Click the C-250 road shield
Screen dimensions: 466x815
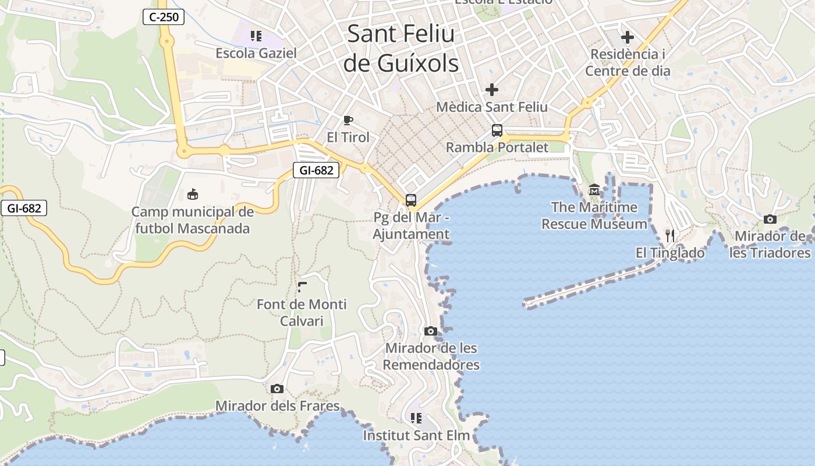[x=164, y=17]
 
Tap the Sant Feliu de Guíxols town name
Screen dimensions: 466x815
[x=401, y=48]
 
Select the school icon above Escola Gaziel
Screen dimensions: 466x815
[x=256, y=36]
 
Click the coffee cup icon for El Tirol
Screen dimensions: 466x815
[x=348, y=121]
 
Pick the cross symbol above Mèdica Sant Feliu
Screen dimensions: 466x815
[x=492, y=90]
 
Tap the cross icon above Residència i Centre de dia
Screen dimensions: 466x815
[x=627, y=38]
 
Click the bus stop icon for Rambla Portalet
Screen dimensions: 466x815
[x=497, y=130]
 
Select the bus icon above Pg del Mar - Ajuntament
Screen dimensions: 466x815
[x=411, y=200]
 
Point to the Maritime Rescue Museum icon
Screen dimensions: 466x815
[x=594, y=190]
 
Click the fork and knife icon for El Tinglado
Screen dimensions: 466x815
[x=670, y=235]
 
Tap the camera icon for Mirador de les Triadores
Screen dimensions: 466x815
[x=770, y=220]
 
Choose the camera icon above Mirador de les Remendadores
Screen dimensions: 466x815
[x=431, y=331]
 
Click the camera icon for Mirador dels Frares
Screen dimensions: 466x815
[x=277, y=389]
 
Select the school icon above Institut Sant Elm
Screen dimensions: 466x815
[x=416, y=418]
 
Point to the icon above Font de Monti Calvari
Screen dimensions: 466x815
[x=302, y=287]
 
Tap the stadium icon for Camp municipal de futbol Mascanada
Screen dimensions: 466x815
[x=192, y=194]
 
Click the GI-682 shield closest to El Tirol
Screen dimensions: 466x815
[x=316, y=170]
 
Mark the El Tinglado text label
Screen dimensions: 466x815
[x=670, y=253]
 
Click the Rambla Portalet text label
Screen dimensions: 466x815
[x=497, y=147]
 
